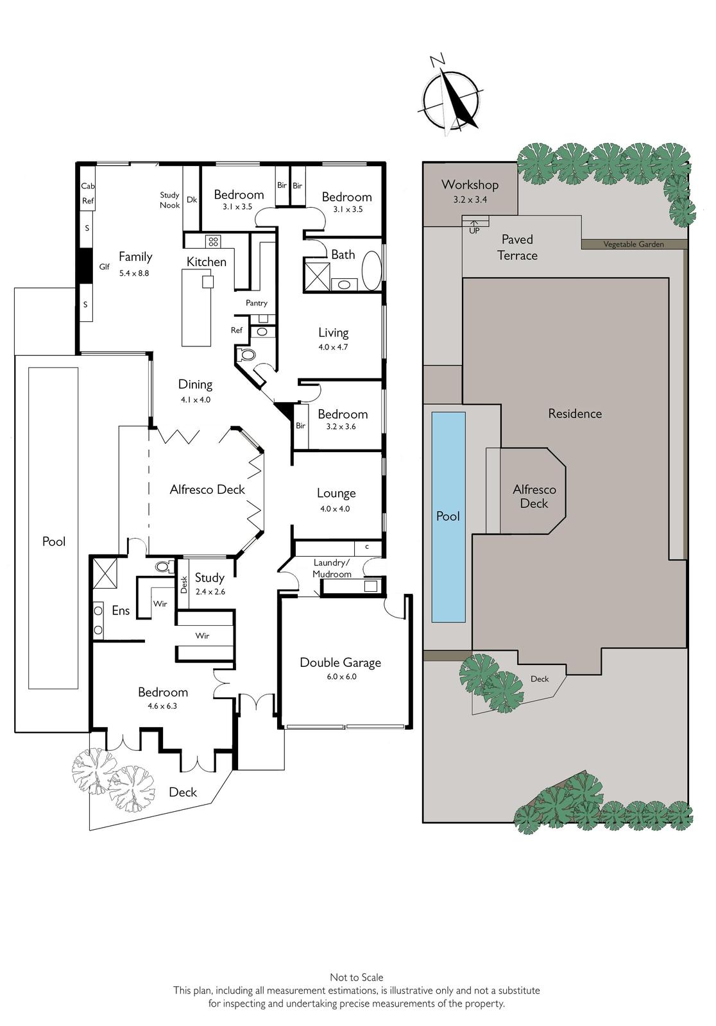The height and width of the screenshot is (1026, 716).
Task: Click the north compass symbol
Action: pos(452,96)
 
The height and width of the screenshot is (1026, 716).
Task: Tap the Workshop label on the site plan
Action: pos(470,185)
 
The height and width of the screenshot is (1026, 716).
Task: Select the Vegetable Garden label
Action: pos(633,244)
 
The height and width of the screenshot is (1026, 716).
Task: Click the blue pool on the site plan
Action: pos(448,517)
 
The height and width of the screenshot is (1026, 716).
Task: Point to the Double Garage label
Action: pos(341,663)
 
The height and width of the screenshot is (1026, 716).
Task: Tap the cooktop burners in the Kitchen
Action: pos(213,241)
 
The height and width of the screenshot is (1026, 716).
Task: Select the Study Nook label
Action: pos(169,200)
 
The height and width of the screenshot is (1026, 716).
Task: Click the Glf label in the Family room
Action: pos(104,267)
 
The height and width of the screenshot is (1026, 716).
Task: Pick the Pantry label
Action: pos(256,303)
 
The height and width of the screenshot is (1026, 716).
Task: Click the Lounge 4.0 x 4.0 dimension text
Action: pos(335,509)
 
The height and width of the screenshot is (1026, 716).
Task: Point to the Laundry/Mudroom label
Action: pos(332,568)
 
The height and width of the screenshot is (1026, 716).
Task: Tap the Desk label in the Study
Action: pos(184,585)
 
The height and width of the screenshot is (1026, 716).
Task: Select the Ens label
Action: pos(121,610)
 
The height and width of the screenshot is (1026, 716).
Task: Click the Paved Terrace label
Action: pos(518,248)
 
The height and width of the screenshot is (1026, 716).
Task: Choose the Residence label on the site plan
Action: pos(575,414)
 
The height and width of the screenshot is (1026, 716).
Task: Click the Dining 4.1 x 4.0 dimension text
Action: pos(196,400)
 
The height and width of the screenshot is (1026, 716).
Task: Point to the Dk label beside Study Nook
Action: pos(192,199)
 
